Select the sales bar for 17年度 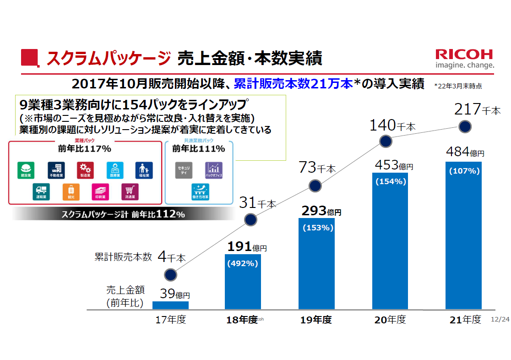(170, 305)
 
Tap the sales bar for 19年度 (317, 263)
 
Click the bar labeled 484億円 (463, 235)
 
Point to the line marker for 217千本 (465, 127)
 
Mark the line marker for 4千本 (170, 274)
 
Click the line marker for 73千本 (315, 185)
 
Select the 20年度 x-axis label (390, 320)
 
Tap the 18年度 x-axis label (242, 320)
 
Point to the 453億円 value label (394, 165)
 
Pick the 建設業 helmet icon (25, 169)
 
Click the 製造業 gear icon (85, 169)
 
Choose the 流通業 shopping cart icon (130, 191)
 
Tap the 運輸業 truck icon (41, 191)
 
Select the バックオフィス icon (213, 169)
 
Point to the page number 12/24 (500, 319)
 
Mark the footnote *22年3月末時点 (458, 86)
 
